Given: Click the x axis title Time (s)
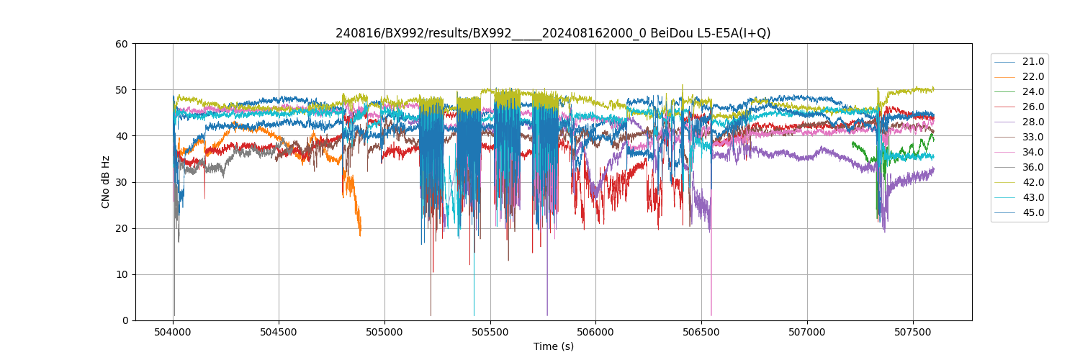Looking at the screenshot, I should [x=553, y=346].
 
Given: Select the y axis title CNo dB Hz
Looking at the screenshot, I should [x=106, y=182].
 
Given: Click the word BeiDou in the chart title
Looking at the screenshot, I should [x=670, y=33].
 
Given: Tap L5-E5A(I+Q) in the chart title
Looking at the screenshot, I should [x=732, y=33].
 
